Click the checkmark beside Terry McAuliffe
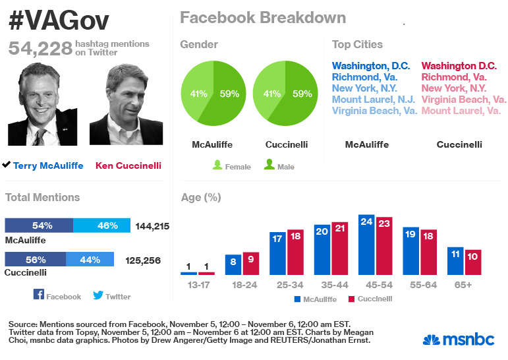pyautogui.click(x=7, y=165)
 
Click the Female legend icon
pyautogui.click(x=217, y=165)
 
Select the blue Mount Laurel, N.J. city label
pyautogui.click(x=373, y=100)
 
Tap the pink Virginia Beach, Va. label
pyautogui.click(x=464, y=100)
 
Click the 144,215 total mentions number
pyautogui.click(x=152, y=226)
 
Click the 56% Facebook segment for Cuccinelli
pyautogui.click(x=35, y=260)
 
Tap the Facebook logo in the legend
pyautogui.click(x=38, y=295)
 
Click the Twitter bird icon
pyautogui.click(x=98, y=295)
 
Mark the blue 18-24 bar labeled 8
pyautogui.click(x=233, y=264)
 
